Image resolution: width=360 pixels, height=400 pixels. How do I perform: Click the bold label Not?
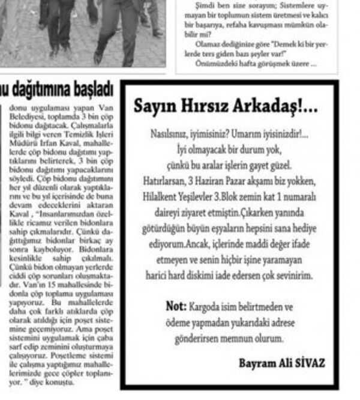(x=176, y=306)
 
